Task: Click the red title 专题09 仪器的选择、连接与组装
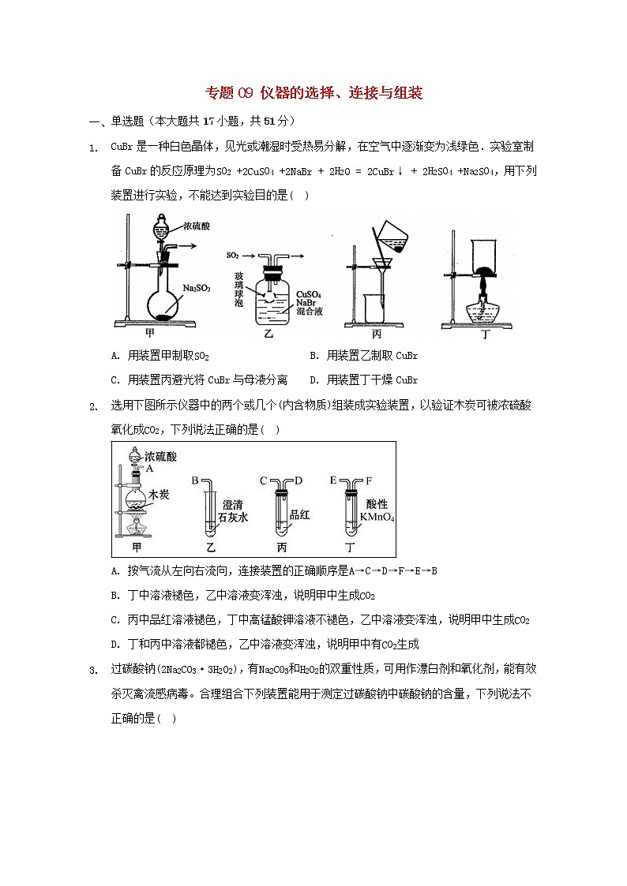pos(313,93)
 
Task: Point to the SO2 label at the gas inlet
pos(233,256)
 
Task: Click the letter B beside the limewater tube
pos(195,480)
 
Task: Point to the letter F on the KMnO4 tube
pos(368,480)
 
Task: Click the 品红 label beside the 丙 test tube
pos(300,514)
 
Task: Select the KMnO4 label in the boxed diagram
pos(377,518)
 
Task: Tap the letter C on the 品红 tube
pos(263,480)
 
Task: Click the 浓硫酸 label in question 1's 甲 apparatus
pos(197,226)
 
